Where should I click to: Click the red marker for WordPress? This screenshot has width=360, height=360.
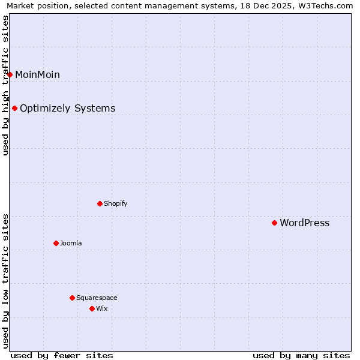click(x=274, y=223)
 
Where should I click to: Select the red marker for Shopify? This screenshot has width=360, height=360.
click(x=100, y=203)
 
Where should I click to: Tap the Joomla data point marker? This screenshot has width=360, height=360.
click(x=56, y=243)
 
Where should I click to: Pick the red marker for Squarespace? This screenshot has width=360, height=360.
click(x=72, y=298)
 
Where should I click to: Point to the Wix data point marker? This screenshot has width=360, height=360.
click(x=92, y=308)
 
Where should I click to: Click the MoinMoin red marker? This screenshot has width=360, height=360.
click(x=10, y=74)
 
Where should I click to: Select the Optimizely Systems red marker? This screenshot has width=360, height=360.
click(x=14, y=108)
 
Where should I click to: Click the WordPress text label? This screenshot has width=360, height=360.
click(x=304, y=223)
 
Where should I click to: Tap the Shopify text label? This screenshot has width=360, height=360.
click(x=115, y=203)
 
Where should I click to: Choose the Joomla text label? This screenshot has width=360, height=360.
click(x=71, y=243)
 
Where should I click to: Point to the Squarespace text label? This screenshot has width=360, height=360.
click(x=97, y=298)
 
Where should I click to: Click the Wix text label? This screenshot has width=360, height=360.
click(x=101, y=308)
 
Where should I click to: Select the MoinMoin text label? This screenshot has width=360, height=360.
click(x=37, y=75)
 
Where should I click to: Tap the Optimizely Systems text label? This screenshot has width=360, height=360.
click(x=67, y=109)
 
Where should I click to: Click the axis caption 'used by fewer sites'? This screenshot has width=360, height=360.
click(x=62, y=355)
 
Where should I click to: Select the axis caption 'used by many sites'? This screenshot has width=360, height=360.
click(x=301, y=355)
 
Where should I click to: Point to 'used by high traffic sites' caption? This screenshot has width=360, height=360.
click(x=5, y=85)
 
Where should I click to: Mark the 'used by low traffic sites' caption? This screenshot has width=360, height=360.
click(x=5, y=280)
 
